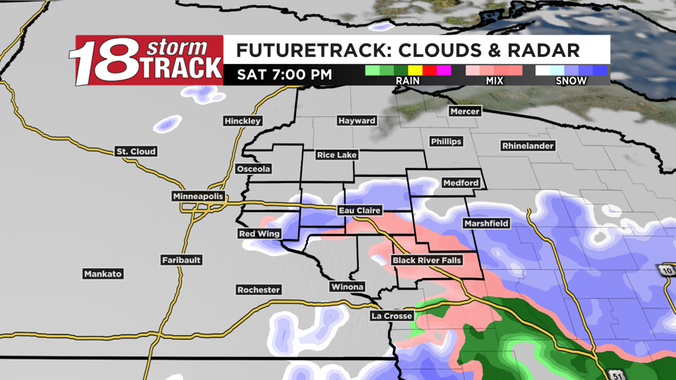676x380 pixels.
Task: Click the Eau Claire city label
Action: click(x=360, y=211)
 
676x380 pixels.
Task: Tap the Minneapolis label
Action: click(x=198, y=197)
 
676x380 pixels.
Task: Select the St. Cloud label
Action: click(x=136, y=152)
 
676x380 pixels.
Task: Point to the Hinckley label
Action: click(x=243, y=122)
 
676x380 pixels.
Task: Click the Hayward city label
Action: click(x=357, y=121)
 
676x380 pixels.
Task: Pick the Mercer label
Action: click(x=465, y=112)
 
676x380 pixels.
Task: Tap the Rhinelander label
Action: click(x=528, y=146)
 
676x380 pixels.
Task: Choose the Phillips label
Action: click(x=446, y=142)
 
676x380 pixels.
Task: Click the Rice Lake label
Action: click(x=337, y=155)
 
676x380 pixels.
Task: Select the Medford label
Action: click(x=462, y=183)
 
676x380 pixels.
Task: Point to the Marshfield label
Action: click(x=487, y=224)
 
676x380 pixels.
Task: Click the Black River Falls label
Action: click(x=427, y=261)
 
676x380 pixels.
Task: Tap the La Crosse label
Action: click(x=392, y=316)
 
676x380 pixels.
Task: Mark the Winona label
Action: click(x=347, y=287)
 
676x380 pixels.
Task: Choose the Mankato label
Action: click(x=103, y=274)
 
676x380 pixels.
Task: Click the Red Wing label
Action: click(x=259, y=234)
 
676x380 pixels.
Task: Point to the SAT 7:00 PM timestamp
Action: click(x=284, y=74)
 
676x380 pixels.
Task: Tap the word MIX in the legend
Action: click(x=494, y=81)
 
